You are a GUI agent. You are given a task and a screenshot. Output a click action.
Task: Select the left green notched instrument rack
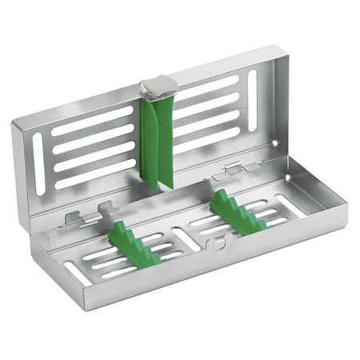tap(133, 243)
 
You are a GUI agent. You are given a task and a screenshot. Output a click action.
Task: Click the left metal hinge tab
tap(85, 217)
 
